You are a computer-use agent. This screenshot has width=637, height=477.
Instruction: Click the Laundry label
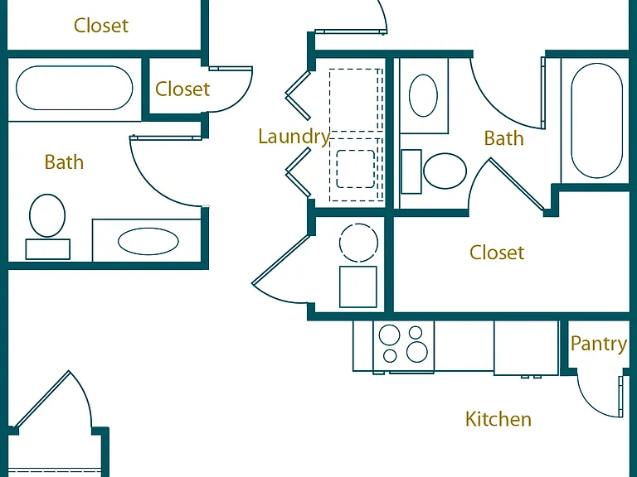294,137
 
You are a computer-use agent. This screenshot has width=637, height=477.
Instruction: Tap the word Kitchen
498,419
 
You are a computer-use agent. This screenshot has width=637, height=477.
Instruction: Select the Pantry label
598,344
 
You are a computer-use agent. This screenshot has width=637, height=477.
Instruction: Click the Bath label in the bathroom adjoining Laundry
503,138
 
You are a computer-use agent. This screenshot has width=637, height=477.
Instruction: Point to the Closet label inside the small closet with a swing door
182,89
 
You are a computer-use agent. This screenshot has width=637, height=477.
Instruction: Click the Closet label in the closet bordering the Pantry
497,253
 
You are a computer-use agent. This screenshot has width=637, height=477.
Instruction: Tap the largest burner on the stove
417,352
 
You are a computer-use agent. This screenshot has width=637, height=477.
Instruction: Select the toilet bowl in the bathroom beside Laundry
445,171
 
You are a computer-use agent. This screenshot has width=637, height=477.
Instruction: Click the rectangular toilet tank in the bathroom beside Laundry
411,171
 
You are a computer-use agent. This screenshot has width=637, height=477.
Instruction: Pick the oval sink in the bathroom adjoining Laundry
423,96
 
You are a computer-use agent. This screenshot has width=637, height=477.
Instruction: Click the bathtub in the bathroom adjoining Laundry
597,120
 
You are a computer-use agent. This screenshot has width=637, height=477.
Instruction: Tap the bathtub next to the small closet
75,88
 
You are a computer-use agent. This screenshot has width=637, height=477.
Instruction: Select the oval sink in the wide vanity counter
148,241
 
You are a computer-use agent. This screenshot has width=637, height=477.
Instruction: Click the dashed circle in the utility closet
358,243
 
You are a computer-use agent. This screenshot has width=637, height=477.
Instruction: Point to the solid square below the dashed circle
358,287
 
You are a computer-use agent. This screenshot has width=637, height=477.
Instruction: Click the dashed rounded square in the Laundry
356,169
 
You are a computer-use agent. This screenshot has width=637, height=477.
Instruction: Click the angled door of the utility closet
281,259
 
